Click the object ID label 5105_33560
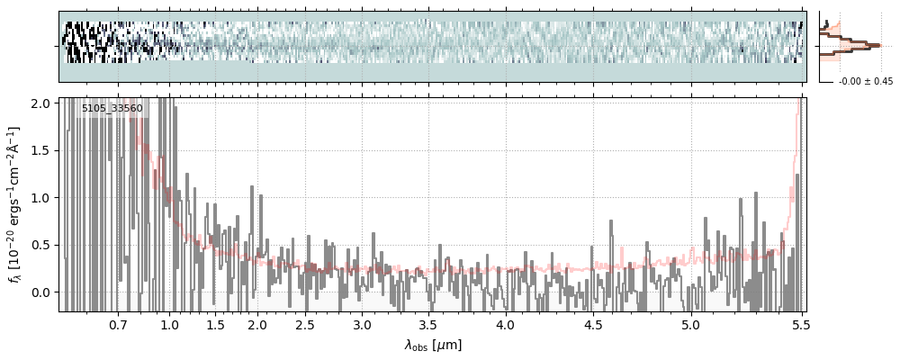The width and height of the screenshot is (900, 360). tap(112, 109)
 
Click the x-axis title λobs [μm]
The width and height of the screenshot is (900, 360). tap(433, 345)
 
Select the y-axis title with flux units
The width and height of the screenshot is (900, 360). tap(15, 204)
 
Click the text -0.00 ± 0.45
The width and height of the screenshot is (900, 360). tap(866, 81)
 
